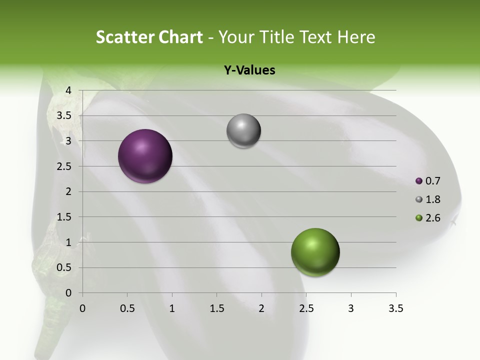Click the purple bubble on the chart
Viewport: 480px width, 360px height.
(x=145, y=156)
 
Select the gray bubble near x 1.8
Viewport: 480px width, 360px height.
(x=243, y=131)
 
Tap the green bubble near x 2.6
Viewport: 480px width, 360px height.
(x=315, y=252)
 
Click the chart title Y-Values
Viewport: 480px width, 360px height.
(x=249, y=70)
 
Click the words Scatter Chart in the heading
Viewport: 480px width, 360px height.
(x=149, y=37)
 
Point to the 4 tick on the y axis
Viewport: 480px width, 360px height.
(x=69, y=90)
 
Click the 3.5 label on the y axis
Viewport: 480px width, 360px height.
(x=64, y=116)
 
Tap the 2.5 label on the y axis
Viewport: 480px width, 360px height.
(x=64, y=166)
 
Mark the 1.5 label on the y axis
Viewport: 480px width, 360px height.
(x=64, y=217)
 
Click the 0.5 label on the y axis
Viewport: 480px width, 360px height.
(x=64, y=268)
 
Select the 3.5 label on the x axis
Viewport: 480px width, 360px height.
(x=395, y=309)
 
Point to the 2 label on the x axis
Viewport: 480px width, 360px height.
(x=261, y=309)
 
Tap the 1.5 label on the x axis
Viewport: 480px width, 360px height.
(x=216, y=309)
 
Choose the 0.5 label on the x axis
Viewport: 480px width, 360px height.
(x=127, y=309)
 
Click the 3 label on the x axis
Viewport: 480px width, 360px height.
(x=350, y=309)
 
